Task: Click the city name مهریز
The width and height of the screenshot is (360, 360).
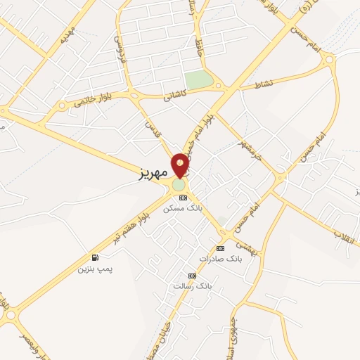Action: click(150, 173)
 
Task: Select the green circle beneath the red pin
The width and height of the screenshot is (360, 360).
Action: click(180, 185)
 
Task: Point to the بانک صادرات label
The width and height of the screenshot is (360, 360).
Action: click(219, 258)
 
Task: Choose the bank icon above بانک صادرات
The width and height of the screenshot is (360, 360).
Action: click(220, 248)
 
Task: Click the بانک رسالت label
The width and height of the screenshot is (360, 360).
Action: click(192, 285)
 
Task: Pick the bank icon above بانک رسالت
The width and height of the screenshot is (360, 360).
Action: click(192, 276)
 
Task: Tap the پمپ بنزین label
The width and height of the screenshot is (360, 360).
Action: click(95, 269)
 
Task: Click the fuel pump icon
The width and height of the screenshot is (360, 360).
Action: click(95, 257)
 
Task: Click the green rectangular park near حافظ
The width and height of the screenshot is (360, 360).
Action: click(199, 79)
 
